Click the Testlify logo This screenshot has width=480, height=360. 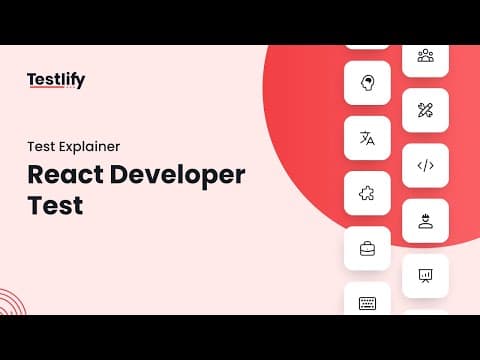pyautogui.click(x=56, y=80)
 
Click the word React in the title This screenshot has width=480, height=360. pyautogui.click(x=65, y=174)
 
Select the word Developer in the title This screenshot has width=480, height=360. pyautogui.click(x=177, y=176)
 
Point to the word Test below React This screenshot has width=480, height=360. pyautogui.click(x=55, y=205)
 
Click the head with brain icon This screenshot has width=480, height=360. pyautogui.click(x=367, y=83)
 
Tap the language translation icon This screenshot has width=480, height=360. pyautogui.click(x=367, y=138)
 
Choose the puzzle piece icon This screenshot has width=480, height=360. pyautogui.click(x=367, y=193)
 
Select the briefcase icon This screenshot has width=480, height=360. pyautogui.click(x=367, y=249)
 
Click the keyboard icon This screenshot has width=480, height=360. pyautogui.click(x=367, y=303)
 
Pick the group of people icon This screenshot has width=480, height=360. pyautogui.click(x=426, y=56)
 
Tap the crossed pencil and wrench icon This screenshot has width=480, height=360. pyautogui.click(x=425, y=110)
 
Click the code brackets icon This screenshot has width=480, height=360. pyautogui.click(x=426, y=165)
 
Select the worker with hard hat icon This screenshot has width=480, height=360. pyautogui.click(x=426, y=221)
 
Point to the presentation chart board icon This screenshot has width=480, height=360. pyautogui.click(x=425, y=276)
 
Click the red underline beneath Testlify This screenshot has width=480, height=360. pyautogui.click(x=47, y=87)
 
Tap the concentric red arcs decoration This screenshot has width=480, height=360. pyautogui.click(x=13, y=302)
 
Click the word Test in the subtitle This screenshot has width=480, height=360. pyautogui.click(x=41, y=147)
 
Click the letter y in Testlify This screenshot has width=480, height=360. pyautogui.click(x=80, y=82)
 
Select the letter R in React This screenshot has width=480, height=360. pyautogui.click(x=36, y=174)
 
